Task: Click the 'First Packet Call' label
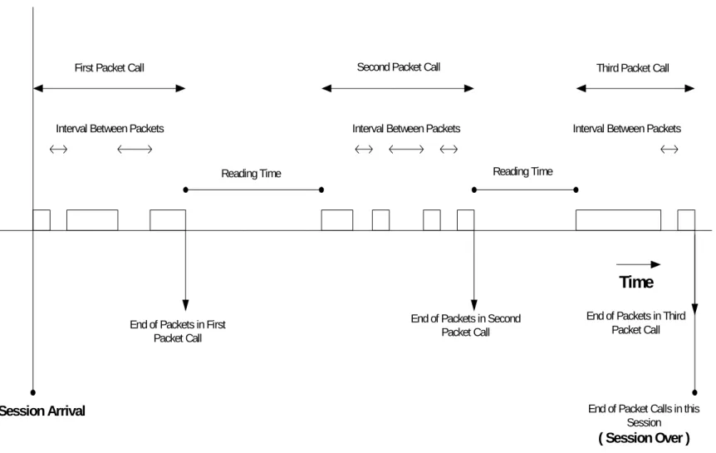(x=109, y=67)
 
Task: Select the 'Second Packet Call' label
(x=398, y=67)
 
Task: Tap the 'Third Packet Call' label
(x=632, y=68)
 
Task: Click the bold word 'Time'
(x=636, y=282)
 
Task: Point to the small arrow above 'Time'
(x=639, y=264)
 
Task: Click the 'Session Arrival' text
(x=42, y=411)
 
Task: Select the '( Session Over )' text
(x=644, y=438)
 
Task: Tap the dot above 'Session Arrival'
(x=33, y=392)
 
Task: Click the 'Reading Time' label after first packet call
(x=251, y=174)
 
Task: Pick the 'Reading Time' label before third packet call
(x=522, y=171)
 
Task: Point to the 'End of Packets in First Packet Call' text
(x=178, y=331)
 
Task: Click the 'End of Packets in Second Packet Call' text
(x=466, y=325)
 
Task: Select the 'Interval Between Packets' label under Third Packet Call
(x=627, y=129)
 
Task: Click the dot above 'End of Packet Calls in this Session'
(x=694, y=392)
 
